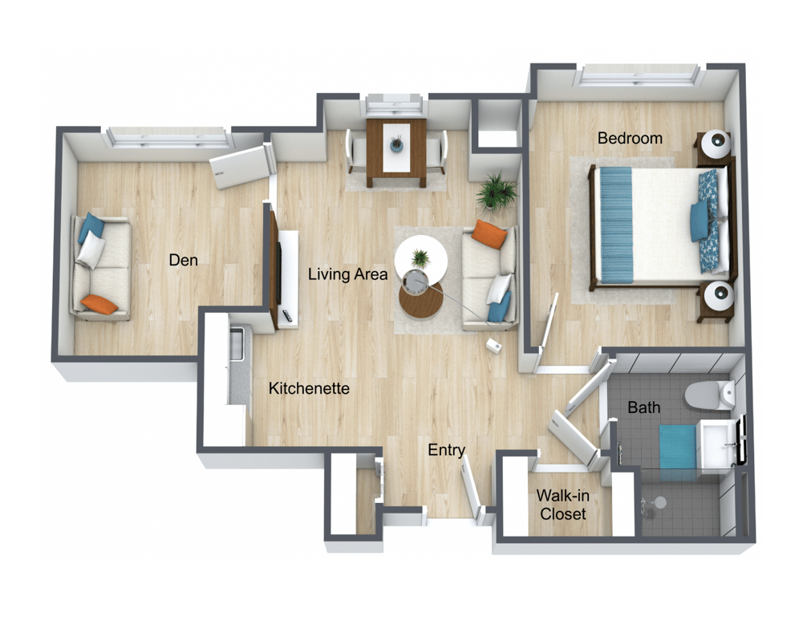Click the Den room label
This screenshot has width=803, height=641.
(x=183, y=260)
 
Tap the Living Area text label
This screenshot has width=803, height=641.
(x=347, y=274)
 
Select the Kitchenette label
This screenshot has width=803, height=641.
(x=309, y=389)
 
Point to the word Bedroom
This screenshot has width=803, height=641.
(x=630, y=138)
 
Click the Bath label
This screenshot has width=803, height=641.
(x=643, y=408)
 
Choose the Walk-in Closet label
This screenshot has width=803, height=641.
(x=562, y=505)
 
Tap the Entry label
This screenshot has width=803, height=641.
(x=446, y=450)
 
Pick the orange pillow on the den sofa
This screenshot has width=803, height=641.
(x=99, y=303)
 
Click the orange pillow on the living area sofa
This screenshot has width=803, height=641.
(x=489, y=233)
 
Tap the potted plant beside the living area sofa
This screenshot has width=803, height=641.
(x=497, y=191)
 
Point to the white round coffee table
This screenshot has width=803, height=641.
(x=421, y=256)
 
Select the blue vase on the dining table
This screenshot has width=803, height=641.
(x=395, y=144)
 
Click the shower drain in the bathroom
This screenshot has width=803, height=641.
(x=659, y=503)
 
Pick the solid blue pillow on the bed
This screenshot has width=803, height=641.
(x=700, y=221)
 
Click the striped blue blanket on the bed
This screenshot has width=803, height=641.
(x=615, y=224)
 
